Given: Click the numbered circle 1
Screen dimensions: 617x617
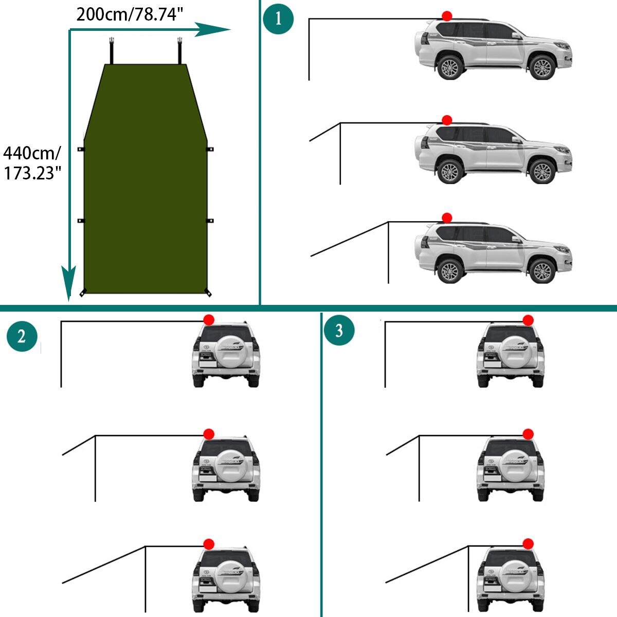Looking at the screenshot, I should pos(278,19).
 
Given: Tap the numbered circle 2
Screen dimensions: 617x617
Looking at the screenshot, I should pos(22,337).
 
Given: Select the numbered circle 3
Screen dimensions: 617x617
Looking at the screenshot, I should pos(339,330).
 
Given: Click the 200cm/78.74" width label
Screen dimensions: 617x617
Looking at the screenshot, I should pos(130,14).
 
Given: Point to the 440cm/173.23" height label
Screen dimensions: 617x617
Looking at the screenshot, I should pos(32,163).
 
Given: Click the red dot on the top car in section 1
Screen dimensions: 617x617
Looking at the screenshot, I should pos(447,16).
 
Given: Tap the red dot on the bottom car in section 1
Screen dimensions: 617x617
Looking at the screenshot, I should pos(447,217).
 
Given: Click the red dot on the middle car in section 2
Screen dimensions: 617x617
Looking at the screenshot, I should pos(209,434).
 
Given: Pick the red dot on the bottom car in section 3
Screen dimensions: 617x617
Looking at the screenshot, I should pos(528,544).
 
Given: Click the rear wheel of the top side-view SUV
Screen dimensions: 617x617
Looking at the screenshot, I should pos(450,67).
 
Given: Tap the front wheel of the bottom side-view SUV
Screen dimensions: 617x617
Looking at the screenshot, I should pos(541,270).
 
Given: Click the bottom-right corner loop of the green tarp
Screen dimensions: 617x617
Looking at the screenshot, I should pos(208,294).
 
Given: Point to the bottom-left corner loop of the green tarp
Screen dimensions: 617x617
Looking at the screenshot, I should pos(83,294).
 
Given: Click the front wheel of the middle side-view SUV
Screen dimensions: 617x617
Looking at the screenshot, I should pos(541,171).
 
